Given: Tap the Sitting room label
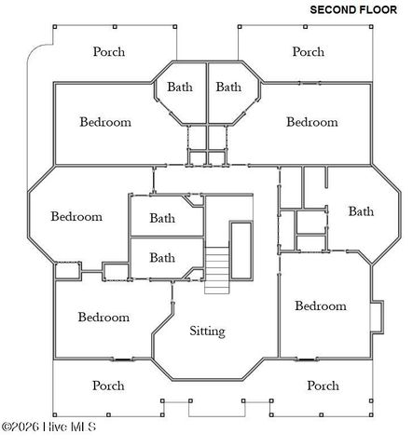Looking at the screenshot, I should (207, 331).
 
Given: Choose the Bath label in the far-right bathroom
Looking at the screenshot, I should (361, 211).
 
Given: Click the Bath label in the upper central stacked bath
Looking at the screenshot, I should (162, 219).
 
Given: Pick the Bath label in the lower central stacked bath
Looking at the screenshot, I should (162, 258).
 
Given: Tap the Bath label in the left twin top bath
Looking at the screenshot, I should (180, 87).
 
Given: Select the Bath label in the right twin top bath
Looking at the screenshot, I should (229, 87).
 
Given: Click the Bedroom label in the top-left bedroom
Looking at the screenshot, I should (104, 122).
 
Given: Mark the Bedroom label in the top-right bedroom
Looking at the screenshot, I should (311, 122).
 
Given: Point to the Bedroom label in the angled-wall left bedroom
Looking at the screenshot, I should (76, 217).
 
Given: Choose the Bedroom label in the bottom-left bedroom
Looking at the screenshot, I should (103, 317).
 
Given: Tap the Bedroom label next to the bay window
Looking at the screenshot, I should (320, 305).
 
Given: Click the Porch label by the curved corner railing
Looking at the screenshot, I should (108, 51).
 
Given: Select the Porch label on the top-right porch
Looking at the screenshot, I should (309, 51).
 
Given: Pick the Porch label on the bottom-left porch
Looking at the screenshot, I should (108, 385).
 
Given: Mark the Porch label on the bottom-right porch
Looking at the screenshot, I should (323, 385).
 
